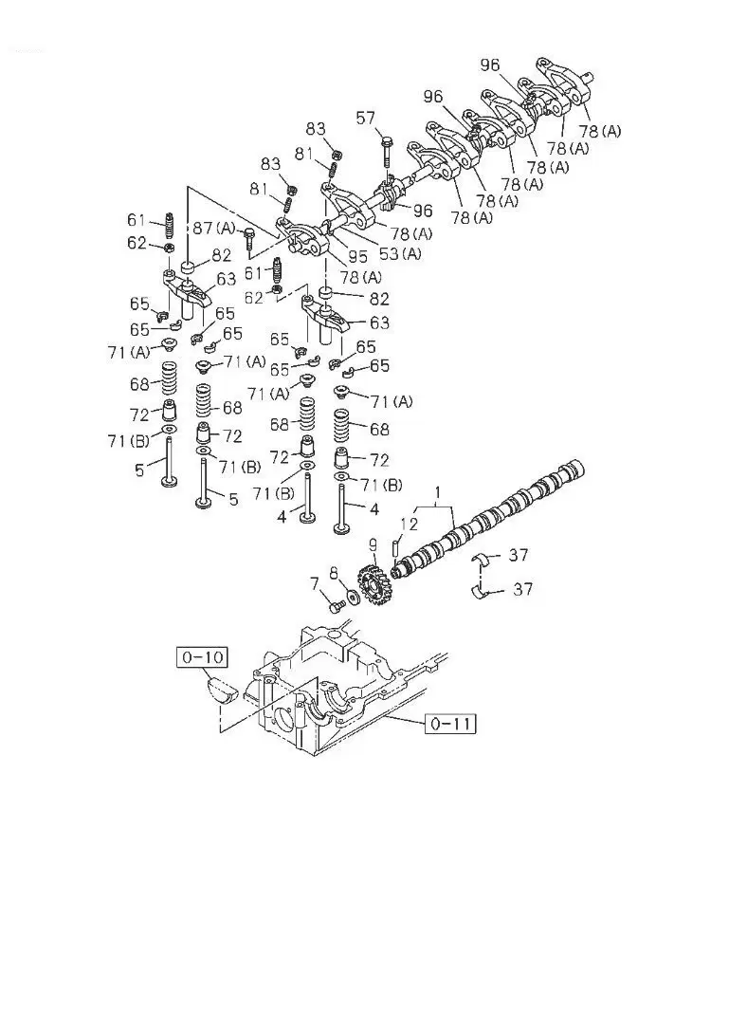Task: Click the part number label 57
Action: click(366, 118)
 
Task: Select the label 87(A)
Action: click(214, 228)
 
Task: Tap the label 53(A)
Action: click(400, 253)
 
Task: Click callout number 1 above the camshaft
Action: click(439, 491)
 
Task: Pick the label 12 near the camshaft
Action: click(408, 524)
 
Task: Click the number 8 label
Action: click(334, 572)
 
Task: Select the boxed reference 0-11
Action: click(449, 724)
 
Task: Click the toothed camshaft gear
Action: click(373, 583)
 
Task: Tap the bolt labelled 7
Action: click(336, 604)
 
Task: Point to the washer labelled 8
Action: click(353, 597)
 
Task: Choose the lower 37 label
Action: click(522, 589)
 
